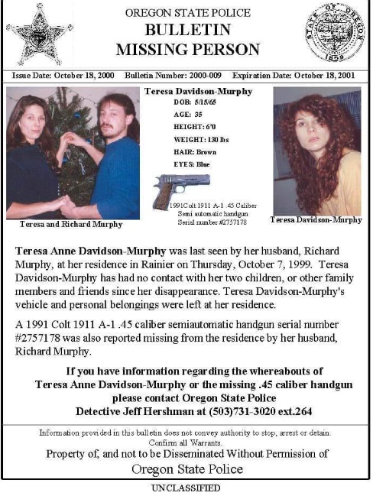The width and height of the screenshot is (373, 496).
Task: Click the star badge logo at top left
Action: (40, 34)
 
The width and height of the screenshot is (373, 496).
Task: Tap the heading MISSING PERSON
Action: (187, 50)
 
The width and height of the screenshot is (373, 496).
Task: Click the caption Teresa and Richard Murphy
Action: (70, 225)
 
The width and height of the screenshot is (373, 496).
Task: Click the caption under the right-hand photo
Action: (316, 220)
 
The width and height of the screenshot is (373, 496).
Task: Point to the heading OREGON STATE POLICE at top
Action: (187, 14)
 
